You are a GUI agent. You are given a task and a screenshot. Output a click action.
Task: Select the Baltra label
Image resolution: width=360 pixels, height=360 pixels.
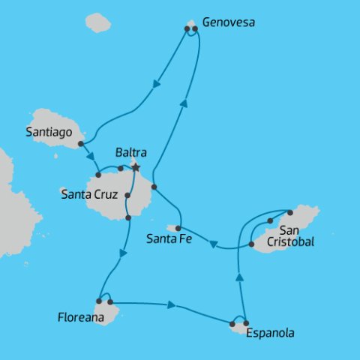pos(130,152)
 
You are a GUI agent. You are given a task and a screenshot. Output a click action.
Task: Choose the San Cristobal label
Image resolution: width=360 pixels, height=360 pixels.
pos(296,235)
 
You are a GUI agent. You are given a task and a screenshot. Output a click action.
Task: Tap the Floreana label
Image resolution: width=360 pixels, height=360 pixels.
pos(81,317)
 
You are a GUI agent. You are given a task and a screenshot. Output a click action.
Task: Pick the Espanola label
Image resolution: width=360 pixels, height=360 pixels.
pos(271,332)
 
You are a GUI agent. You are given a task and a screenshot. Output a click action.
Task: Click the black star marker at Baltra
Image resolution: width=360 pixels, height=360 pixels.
pos(136,167)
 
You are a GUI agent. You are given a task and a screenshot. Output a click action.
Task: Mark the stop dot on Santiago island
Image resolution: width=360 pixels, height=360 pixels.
pos(79,143)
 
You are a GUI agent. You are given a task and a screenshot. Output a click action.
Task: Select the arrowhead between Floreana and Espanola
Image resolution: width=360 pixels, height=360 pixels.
pos(172,305)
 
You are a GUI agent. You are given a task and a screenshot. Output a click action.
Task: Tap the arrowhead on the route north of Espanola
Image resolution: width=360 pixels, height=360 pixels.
pos(239,277)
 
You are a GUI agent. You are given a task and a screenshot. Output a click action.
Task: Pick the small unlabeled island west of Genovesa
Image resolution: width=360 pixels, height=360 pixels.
pos(97,22)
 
